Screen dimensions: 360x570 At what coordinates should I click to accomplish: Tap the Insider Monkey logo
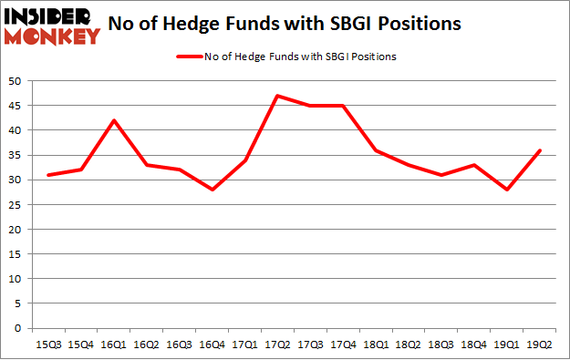pos(51,26)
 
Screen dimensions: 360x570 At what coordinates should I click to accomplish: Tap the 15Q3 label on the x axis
pos(50,344)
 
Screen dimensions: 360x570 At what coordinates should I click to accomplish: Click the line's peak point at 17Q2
pos(277,96)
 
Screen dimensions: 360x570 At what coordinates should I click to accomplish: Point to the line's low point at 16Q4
pos(212,190)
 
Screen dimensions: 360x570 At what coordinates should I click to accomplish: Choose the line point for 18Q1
pos(374,150)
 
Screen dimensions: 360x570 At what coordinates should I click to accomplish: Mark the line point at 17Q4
pos(342,106)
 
